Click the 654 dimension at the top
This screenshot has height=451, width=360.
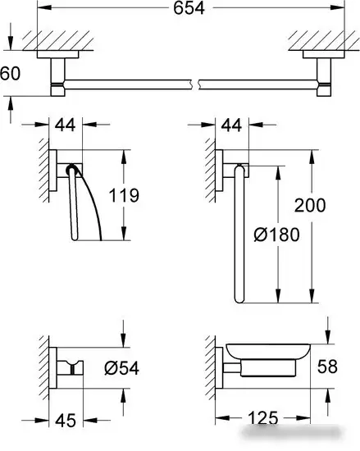click(189, 7)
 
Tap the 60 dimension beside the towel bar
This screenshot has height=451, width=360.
click(11, 73)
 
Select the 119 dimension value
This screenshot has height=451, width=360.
click(124, 195)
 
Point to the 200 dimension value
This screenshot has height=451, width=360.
click(310, 205)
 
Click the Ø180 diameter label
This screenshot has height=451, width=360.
click(276, 235)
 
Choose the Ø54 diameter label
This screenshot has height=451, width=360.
click(122, 368)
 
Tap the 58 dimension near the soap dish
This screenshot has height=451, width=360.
click(327, 367)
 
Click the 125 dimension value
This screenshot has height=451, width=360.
click(263, 418)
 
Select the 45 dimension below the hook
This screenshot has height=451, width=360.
click(66, 421)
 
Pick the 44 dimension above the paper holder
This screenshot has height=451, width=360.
click(66, 125)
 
